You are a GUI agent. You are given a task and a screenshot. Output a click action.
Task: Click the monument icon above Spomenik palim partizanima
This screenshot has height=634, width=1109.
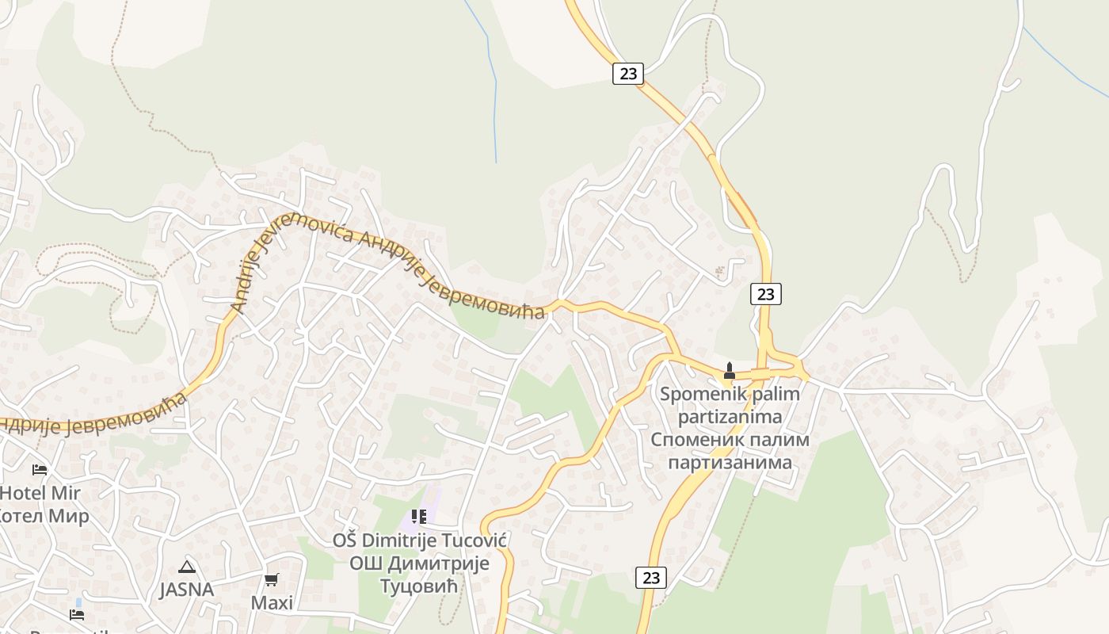(730, 370)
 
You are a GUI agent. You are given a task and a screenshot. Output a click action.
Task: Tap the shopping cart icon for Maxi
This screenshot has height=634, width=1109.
(272, 579)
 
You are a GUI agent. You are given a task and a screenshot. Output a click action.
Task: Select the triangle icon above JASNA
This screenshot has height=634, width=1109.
(187, 567)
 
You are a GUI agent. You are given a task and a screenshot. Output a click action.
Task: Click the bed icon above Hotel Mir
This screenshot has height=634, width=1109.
(40, 470)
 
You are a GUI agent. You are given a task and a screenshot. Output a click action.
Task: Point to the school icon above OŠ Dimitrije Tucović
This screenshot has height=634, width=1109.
(419, 518)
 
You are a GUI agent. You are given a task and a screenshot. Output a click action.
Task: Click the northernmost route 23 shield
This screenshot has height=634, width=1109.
(628, 74)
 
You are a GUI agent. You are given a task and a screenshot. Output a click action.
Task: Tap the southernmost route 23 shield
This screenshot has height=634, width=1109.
(651, 578)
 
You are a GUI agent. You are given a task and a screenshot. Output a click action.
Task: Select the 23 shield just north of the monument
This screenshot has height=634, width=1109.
(765, 294)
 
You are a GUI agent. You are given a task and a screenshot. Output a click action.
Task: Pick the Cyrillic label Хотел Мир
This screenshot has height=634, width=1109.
(44, 516)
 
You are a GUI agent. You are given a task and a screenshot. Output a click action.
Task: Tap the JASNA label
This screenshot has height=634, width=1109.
(187, 590)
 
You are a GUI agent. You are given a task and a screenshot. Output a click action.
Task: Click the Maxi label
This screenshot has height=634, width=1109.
(272, 602)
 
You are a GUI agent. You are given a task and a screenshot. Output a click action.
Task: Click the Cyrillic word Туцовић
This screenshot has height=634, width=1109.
(420, 586)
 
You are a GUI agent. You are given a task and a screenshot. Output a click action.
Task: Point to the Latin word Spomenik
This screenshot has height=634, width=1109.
(696, 394)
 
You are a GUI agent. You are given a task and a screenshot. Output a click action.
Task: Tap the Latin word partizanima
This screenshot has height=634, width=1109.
(730, 416)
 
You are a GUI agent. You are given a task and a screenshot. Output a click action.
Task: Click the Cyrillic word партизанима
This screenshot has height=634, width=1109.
(730, 462)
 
